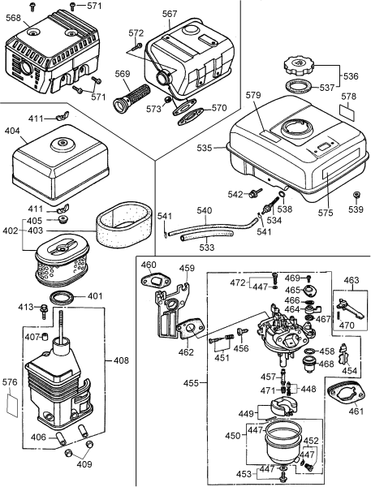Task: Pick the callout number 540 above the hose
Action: click(205, 210)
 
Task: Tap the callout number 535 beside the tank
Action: click(204, 149)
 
